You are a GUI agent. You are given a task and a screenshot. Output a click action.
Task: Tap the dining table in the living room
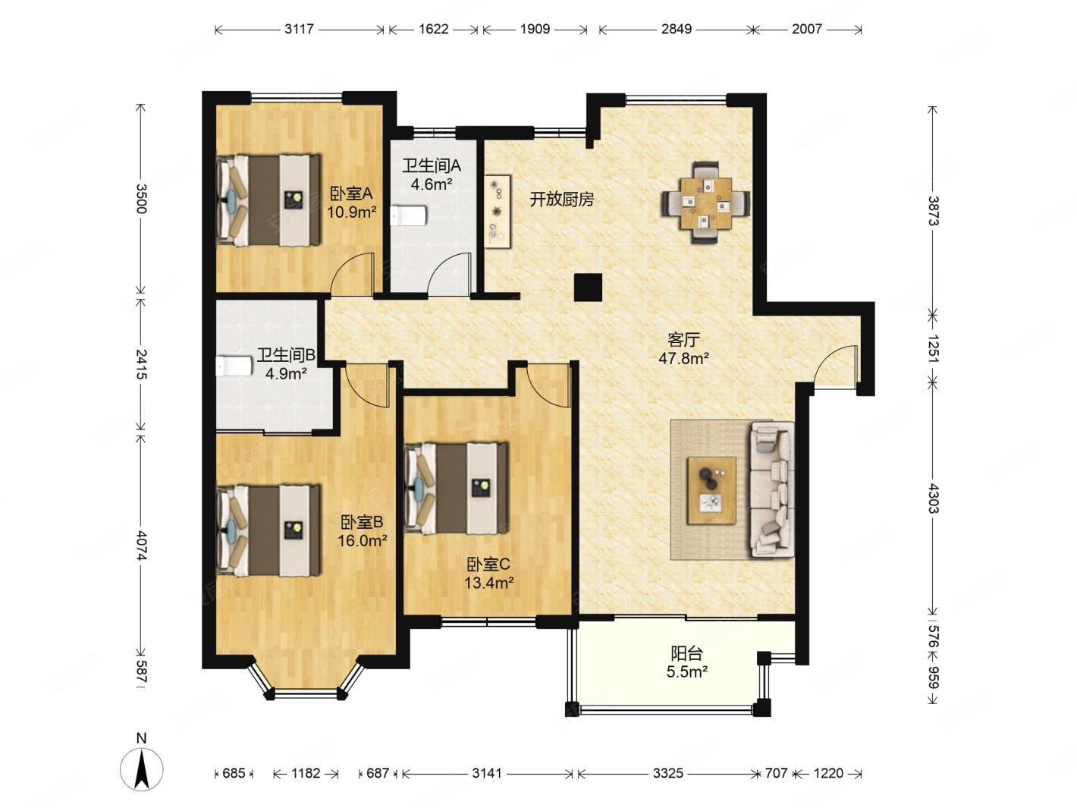pos(706,202)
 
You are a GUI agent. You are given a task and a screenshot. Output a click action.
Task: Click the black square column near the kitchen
pos(589,288)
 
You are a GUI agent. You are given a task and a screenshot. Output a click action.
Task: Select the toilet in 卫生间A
pos(409,215)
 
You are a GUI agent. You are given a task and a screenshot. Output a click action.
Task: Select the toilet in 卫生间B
pos(234,366)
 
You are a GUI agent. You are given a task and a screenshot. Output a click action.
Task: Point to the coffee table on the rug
pos(711,491)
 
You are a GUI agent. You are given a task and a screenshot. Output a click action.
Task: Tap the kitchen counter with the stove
pos(498,212)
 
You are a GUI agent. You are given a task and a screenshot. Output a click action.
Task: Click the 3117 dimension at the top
pos(300,29)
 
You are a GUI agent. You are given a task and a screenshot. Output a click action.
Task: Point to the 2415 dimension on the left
pos(141,364)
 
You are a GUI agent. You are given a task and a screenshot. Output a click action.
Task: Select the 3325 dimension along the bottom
pos(667,773)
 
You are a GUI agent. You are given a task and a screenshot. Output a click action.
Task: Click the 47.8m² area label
pos(683,358)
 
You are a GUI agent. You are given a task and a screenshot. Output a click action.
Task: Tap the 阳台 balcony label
pos(686,653)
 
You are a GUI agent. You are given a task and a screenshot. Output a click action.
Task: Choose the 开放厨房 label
pos(561,200)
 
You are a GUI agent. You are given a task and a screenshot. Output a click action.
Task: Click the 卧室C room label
pos(488,564)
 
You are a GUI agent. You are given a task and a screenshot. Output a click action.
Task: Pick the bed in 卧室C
pos(457,488)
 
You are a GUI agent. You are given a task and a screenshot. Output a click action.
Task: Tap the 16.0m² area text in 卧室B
pos(363,541)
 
